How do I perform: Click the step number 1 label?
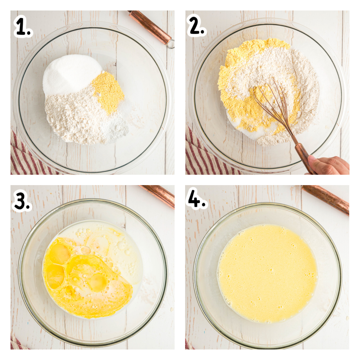click(x=23, y=26)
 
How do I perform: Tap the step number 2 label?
click(x=196, y=25)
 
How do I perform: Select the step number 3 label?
click(x=22, y=201)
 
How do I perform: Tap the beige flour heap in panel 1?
click(x=75, y=116)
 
